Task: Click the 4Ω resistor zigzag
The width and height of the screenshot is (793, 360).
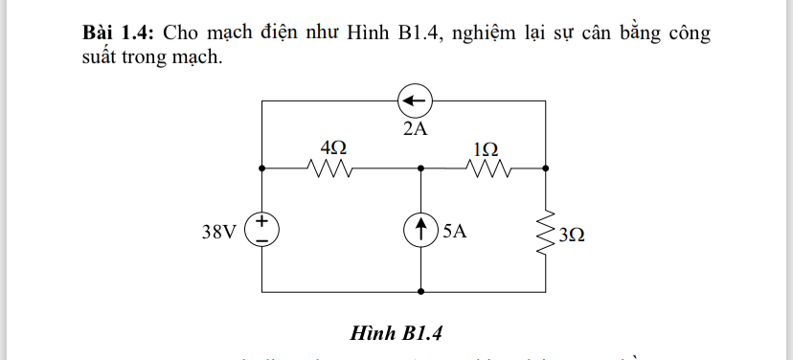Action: tap(331, 169)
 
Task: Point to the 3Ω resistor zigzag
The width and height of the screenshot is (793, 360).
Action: tap(546, 231)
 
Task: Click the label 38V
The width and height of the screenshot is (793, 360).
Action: tap(218, 232)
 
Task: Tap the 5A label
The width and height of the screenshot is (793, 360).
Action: tap(455, 232)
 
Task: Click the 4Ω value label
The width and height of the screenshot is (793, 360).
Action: tap(332, 147)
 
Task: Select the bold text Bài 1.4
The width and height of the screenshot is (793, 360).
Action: tap(119, 32)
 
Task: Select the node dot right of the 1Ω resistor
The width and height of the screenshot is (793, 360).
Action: tap(546, 168)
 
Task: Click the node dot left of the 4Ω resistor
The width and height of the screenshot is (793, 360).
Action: tap(262, 168)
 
